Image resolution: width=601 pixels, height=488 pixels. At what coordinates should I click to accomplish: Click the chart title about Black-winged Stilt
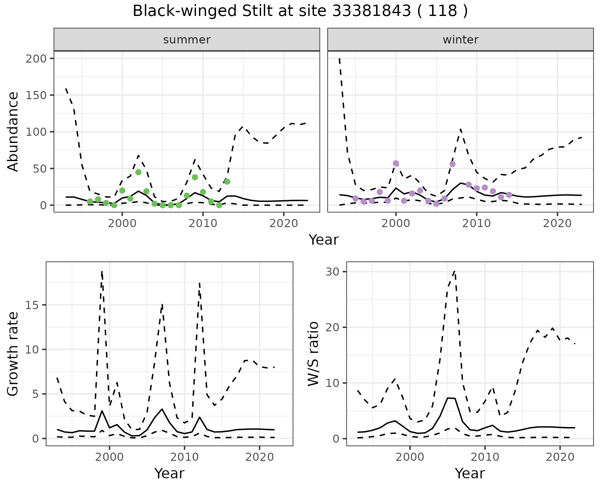pyautogui.click(x=300, y=11)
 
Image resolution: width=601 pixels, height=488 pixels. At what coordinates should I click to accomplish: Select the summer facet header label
pyautogui.click(x=187, y=40)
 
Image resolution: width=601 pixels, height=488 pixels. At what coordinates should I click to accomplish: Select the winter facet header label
pyautogui.click(x=460, y=40)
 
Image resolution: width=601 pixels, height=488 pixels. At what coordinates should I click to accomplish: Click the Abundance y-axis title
pyautogui.click(x=13, y=132)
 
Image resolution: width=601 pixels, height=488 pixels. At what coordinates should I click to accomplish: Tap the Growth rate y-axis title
pyautogui.click(x=13, y=354)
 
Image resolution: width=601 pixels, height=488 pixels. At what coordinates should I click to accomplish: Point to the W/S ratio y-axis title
pyautogui.click(x=313, y=354)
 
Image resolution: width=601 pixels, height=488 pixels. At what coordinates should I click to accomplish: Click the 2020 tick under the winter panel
pyautogui.click(x=557, y=223)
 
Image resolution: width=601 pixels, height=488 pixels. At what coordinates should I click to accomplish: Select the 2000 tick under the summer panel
pyautogui.click(x=122, y=223)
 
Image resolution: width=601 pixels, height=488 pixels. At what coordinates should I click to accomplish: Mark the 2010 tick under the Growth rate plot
pyautogui.click(x=184, y=457)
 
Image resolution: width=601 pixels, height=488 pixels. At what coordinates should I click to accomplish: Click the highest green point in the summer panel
pyautogui.click(x=138, y=172)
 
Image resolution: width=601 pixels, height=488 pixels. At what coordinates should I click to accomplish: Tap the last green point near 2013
pyautogui.click(x=227, y=182)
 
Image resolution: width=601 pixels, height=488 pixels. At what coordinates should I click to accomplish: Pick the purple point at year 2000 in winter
pyautogui.click(x=396, y=163)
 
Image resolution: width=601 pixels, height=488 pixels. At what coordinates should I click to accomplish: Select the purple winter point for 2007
pyautogui.click(x=452, y=164)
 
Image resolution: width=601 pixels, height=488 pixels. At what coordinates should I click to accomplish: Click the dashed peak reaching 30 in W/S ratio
pyautogui.click(x=455, y=272)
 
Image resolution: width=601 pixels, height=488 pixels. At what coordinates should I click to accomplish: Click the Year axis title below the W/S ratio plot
pyautogui.click(x=470, y=473)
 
